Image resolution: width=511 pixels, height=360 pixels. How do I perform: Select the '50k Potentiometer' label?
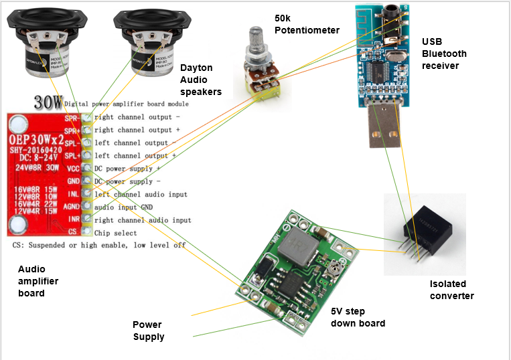pos(306,23)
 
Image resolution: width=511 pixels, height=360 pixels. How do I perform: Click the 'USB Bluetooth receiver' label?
pos(444,54)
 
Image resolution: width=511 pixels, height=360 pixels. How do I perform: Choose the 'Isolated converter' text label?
pos(452,290)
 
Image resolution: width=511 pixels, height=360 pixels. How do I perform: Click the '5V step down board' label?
pos(358,317)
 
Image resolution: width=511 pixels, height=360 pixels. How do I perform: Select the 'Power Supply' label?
pos(149,331)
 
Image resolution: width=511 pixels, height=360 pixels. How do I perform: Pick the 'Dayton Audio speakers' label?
pos(202,79)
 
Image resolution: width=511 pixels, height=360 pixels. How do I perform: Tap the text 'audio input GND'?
pos(130,207)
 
